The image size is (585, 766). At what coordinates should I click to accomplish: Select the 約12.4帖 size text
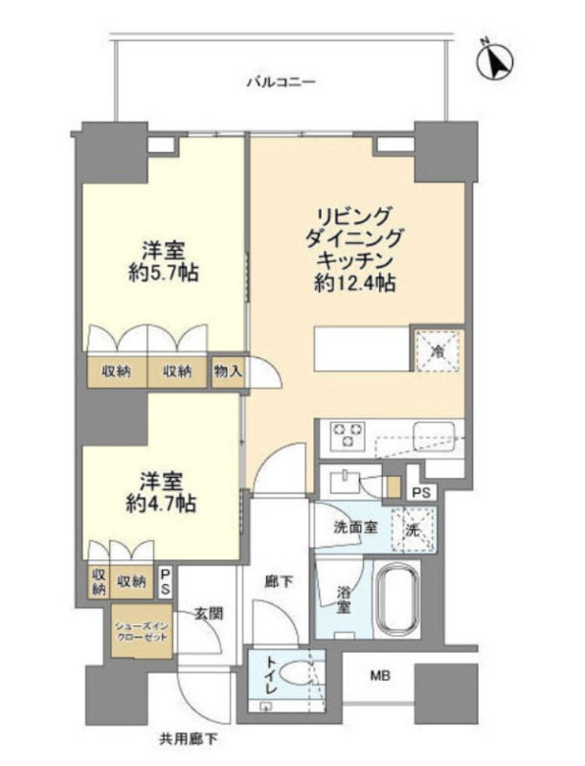coord(355,282)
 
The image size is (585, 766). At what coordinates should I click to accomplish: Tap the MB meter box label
coord(380,677)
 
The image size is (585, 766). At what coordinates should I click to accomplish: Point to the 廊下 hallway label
coord(278,580)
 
